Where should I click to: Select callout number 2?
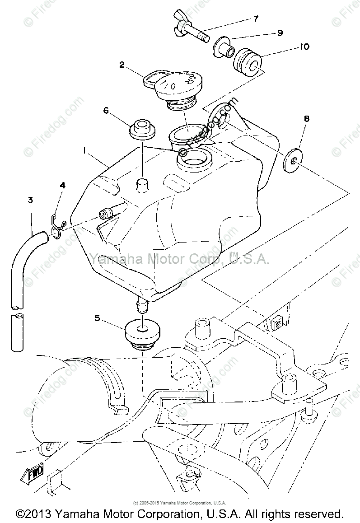(x=122, y=65)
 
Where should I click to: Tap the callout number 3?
(x=30, y=200)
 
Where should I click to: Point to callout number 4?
(x=63, y=185)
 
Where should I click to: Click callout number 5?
(x=97, y=318)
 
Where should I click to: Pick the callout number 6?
(x=106, y=111)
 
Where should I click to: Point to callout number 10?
(x=304, y=47)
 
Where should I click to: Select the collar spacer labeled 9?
(x=222, y=47)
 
